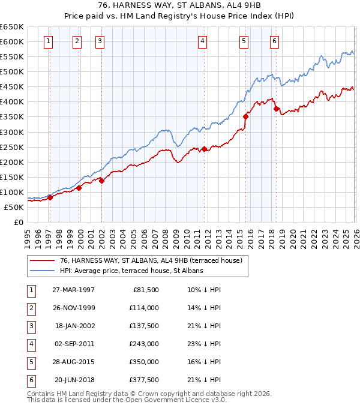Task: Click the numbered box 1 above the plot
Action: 48,41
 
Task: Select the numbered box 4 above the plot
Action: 203,41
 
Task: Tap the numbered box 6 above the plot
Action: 274,41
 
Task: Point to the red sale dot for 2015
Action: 245,116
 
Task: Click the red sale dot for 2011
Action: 204,149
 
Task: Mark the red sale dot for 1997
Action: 50,197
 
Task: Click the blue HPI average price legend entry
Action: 131,271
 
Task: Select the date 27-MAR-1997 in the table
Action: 73,290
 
